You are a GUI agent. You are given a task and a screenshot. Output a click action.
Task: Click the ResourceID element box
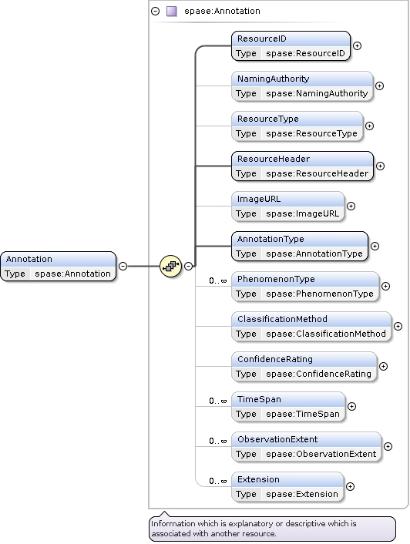point(291,45)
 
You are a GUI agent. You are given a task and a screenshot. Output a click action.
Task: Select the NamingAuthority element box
point(302,86)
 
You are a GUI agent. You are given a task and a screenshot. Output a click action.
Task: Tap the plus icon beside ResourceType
point(369,126)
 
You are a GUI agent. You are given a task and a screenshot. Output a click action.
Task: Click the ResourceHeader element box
point(302,166)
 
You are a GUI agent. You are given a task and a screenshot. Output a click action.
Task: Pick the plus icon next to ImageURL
point(351,206)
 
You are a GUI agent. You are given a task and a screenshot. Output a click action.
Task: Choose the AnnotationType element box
point(300,247)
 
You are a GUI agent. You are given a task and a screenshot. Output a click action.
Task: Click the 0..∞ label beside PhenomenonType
point(218,280)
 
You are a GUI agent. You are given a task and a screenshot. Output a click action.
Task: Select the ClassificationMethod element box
point(311,327)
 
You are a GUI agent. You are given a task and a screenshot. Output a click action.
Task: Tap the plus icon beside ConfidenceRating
point(383,366)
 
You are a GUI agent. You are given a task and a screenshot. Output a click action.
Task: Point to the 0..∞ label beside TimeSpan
point(218,401)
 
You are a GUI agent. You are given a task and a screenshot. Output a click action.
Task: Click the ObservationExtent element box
point(306,446)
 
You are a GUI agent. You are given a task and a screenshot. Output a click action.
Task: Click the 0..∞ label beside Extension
point(218,482)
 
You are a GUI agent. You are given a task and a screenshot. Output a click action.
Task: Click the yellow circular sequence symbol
point(170,266)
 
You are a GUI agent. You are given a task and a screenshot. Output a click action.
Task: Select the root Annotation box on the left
point(59,267)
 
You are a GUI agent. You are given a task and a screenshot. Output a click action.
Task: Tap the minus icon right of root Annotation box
point(123,266)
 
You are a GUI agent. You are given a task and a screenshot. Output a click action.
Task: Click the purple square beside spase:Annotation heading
point(172,12)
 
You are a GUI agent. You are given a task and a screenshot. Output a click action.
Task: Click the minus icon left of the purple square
point(156,12)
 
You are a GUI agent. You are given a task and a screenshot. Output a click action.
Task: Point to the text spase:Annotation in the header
point(222,11)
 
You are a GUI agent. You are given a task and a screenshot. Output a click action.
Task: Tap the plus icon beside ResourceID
point(357,45)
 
